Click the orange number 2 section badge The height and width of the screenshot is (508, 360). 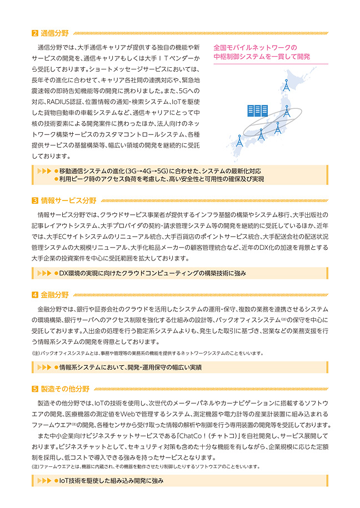(x=34, y=33)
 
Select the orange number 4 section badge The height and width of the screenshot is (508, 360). (x=34, y=295)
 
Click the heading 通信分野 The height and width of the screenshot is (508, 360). (x=54, y=33)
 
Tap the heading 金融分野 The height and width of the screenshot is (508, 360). (x=54, y=295)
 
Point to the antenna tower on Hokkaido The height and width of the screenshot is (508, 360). (x=286, y=85)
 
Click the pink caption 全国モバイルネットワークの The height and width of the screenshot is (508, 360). (x=255, y=48)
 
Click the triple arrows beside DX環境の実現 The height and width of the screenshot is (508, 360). (x=43, y=273)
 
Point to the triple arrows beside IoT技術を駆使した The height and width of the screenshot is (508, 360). (x=43, y=481)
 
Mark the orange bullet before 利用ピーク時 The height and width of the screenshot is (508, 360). (x=56, y=179)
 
